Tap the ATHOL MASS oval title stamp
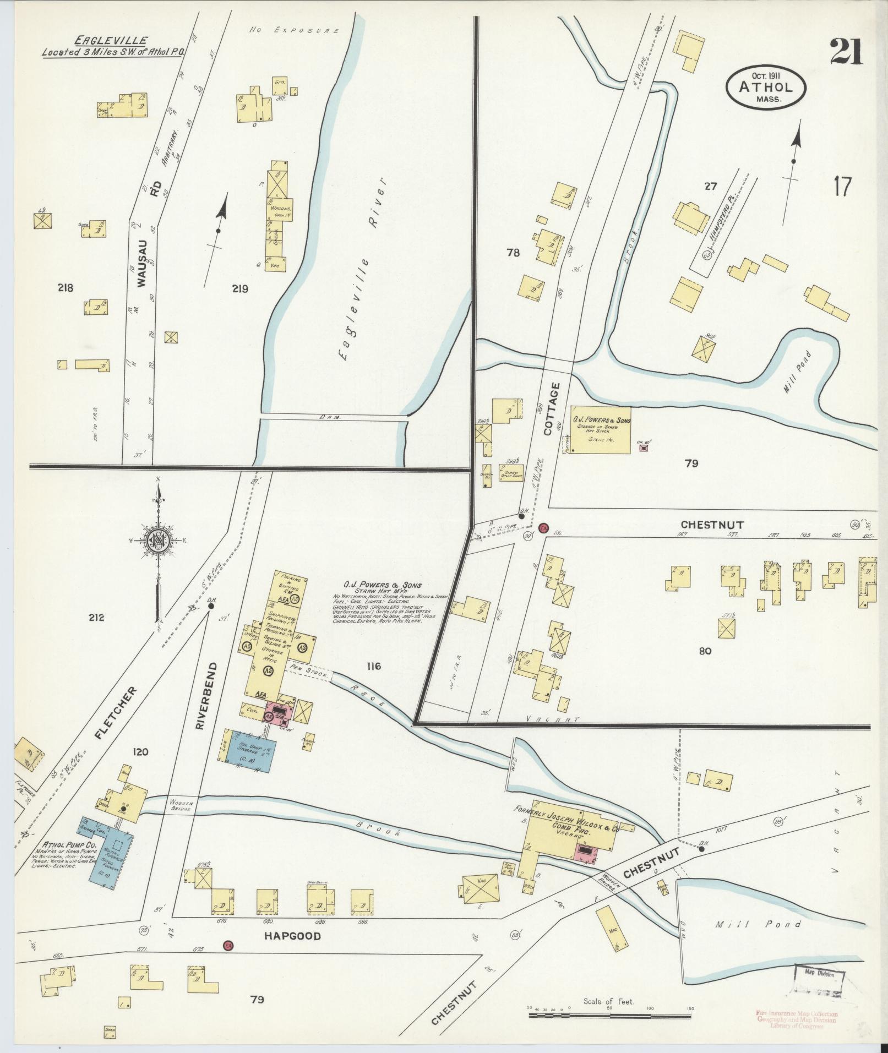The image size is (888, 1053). (766, 88)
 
